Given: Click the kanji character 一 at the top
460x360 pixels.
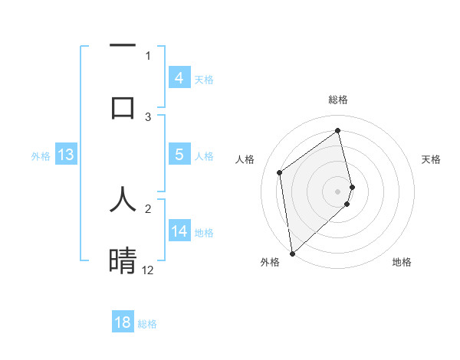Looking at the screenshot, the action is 123,46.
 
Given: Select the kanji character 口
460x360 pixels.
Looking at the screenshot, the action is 123,107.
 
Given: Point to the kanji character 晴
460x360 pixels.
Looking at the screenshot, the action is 123,260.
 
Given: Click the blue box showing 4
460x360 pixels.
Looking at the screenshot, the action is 179,78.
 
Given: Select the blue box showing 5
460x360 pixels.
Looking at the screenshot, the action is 179,155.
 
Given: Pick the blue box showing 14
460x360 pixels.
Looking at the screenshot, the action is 179,231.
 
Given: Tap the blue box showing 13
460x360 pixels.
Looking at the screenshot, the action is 66,155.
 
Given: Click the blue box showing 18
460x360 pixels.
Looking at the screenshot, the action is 123,322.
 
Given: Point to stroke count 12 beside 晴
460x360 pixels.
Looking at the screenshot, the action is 148,270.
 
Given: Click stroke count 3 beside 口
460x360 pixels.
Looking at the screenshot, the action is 148,117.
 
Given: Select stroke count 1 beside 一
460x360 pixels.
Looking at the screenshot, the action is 148,55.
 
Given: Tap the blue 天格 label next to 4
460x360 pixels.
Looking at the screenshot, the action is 204,79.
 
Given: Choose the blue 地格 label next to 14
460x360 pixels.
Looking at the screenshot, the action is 204,232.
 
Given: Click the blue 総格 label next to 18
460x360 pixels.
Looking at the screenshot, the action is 147,323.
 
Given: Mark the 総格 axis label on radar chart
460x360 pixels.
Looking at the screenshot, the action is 338,100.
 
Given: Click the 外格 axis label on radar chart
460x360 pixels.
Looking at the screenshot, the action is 270,262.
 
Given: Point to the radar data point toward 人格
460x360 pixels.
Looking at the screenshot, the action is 280,172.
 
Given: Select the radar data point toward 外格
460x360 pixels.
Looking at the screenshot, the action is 292,253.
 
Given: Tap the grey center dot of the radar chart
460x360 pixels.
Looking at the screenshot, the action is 338,191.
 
